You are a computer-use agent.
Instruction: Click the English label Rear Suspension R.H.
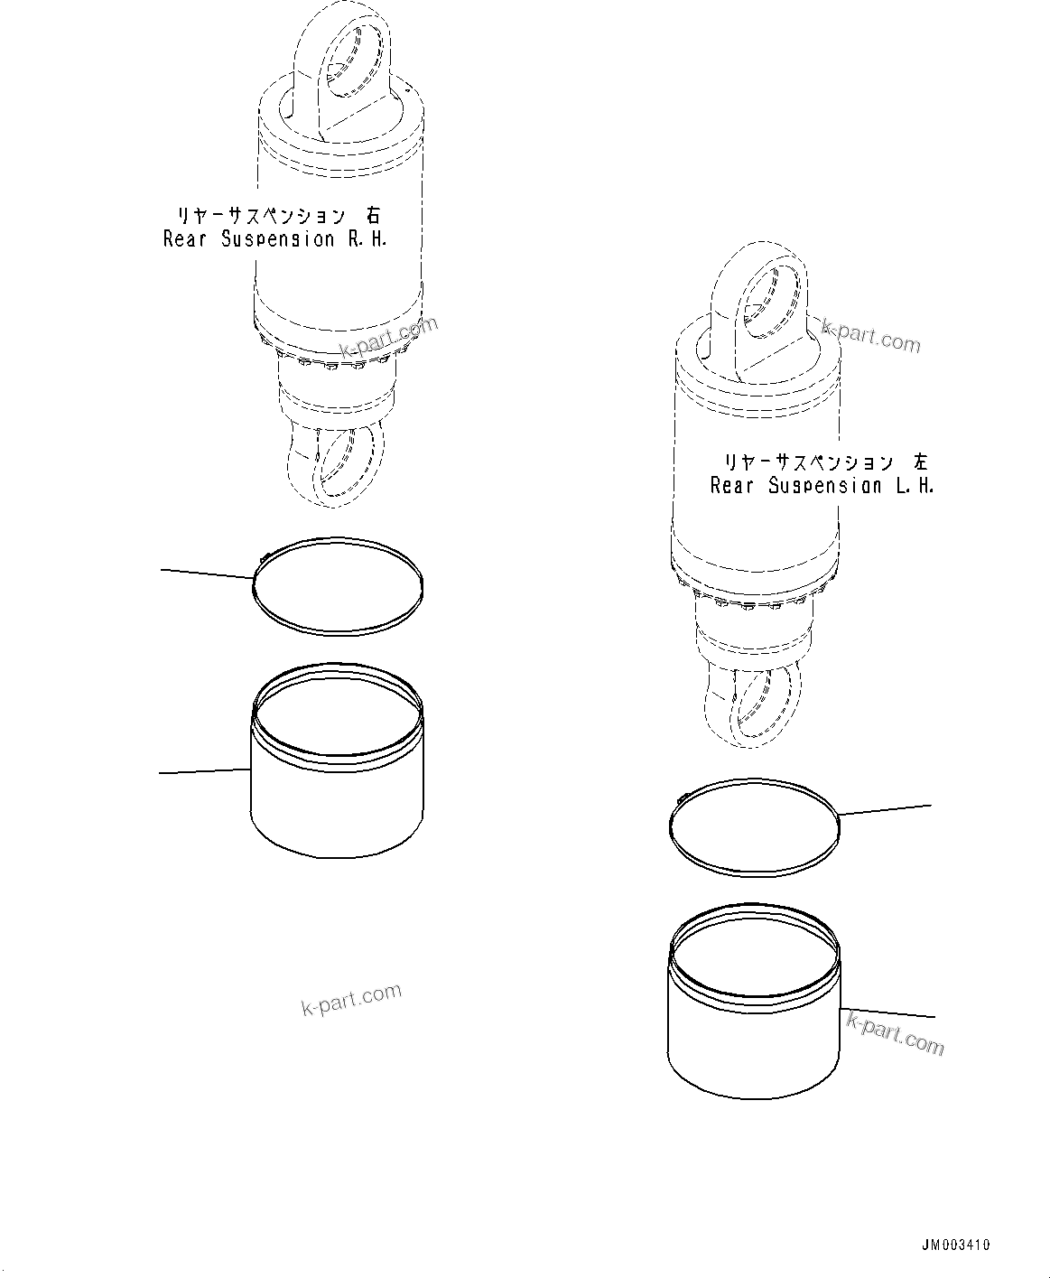click(274, 240)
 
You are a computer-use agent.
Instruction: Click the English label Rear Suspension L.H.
click(822, 486)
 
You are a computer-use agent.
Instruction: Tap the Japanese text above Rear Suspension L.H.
click(824, 462)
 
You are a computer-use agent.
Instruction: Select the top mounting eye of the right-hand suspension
click(347, 63)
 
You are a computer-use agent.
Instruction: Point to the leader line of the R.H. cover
click(204, 770)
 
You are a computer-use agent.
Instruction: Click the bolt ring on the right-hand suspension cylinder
click(336, 359)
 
